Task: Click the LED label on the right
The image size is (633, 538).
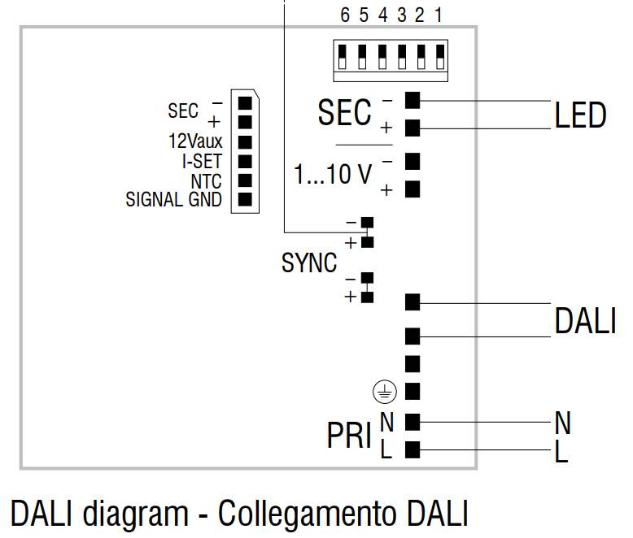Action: pos(580,115)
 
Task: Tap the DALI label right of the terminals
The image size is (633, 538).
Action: pos(584,321)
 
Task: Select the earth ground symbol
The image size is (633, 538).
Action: pos(384,392)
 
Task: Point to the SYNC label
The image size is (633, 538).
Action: pos(309,263)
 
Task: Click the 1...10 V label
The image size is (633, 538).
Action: pos(333,174)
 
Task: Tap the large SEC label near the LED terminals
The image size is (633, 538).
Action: pos(344,113)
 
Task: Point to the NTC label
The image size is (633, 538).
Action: pos(207,180)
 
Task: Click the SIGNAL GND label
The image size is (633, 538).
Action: pos(173,199)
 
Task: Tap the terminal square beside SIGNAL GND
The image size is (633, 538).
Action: pos(243,199)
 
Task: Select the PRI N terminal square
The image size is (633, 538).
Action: pos(412,421)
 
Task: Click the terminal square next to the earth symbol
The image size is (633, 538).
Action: pos(412,392)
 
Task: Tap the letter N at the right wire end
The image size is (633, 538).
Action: pos(562,423)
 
